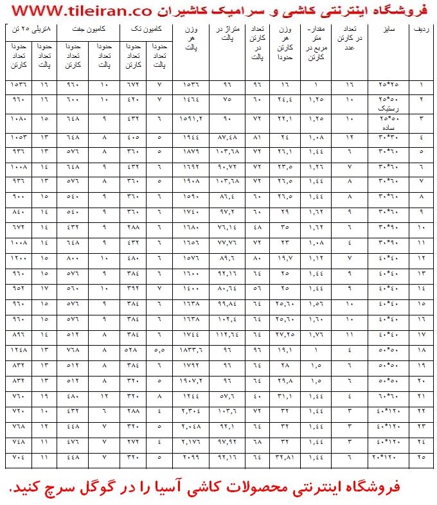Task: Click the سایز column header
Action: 389,30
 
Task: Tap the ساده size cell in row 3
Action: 389,127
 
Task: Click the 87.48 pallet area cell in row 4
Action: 226,137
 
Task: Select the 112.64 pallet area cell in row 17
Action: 226,334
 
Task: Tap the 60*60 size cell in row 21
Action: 389,396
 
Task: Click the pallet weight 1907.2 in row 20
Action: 193,380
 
